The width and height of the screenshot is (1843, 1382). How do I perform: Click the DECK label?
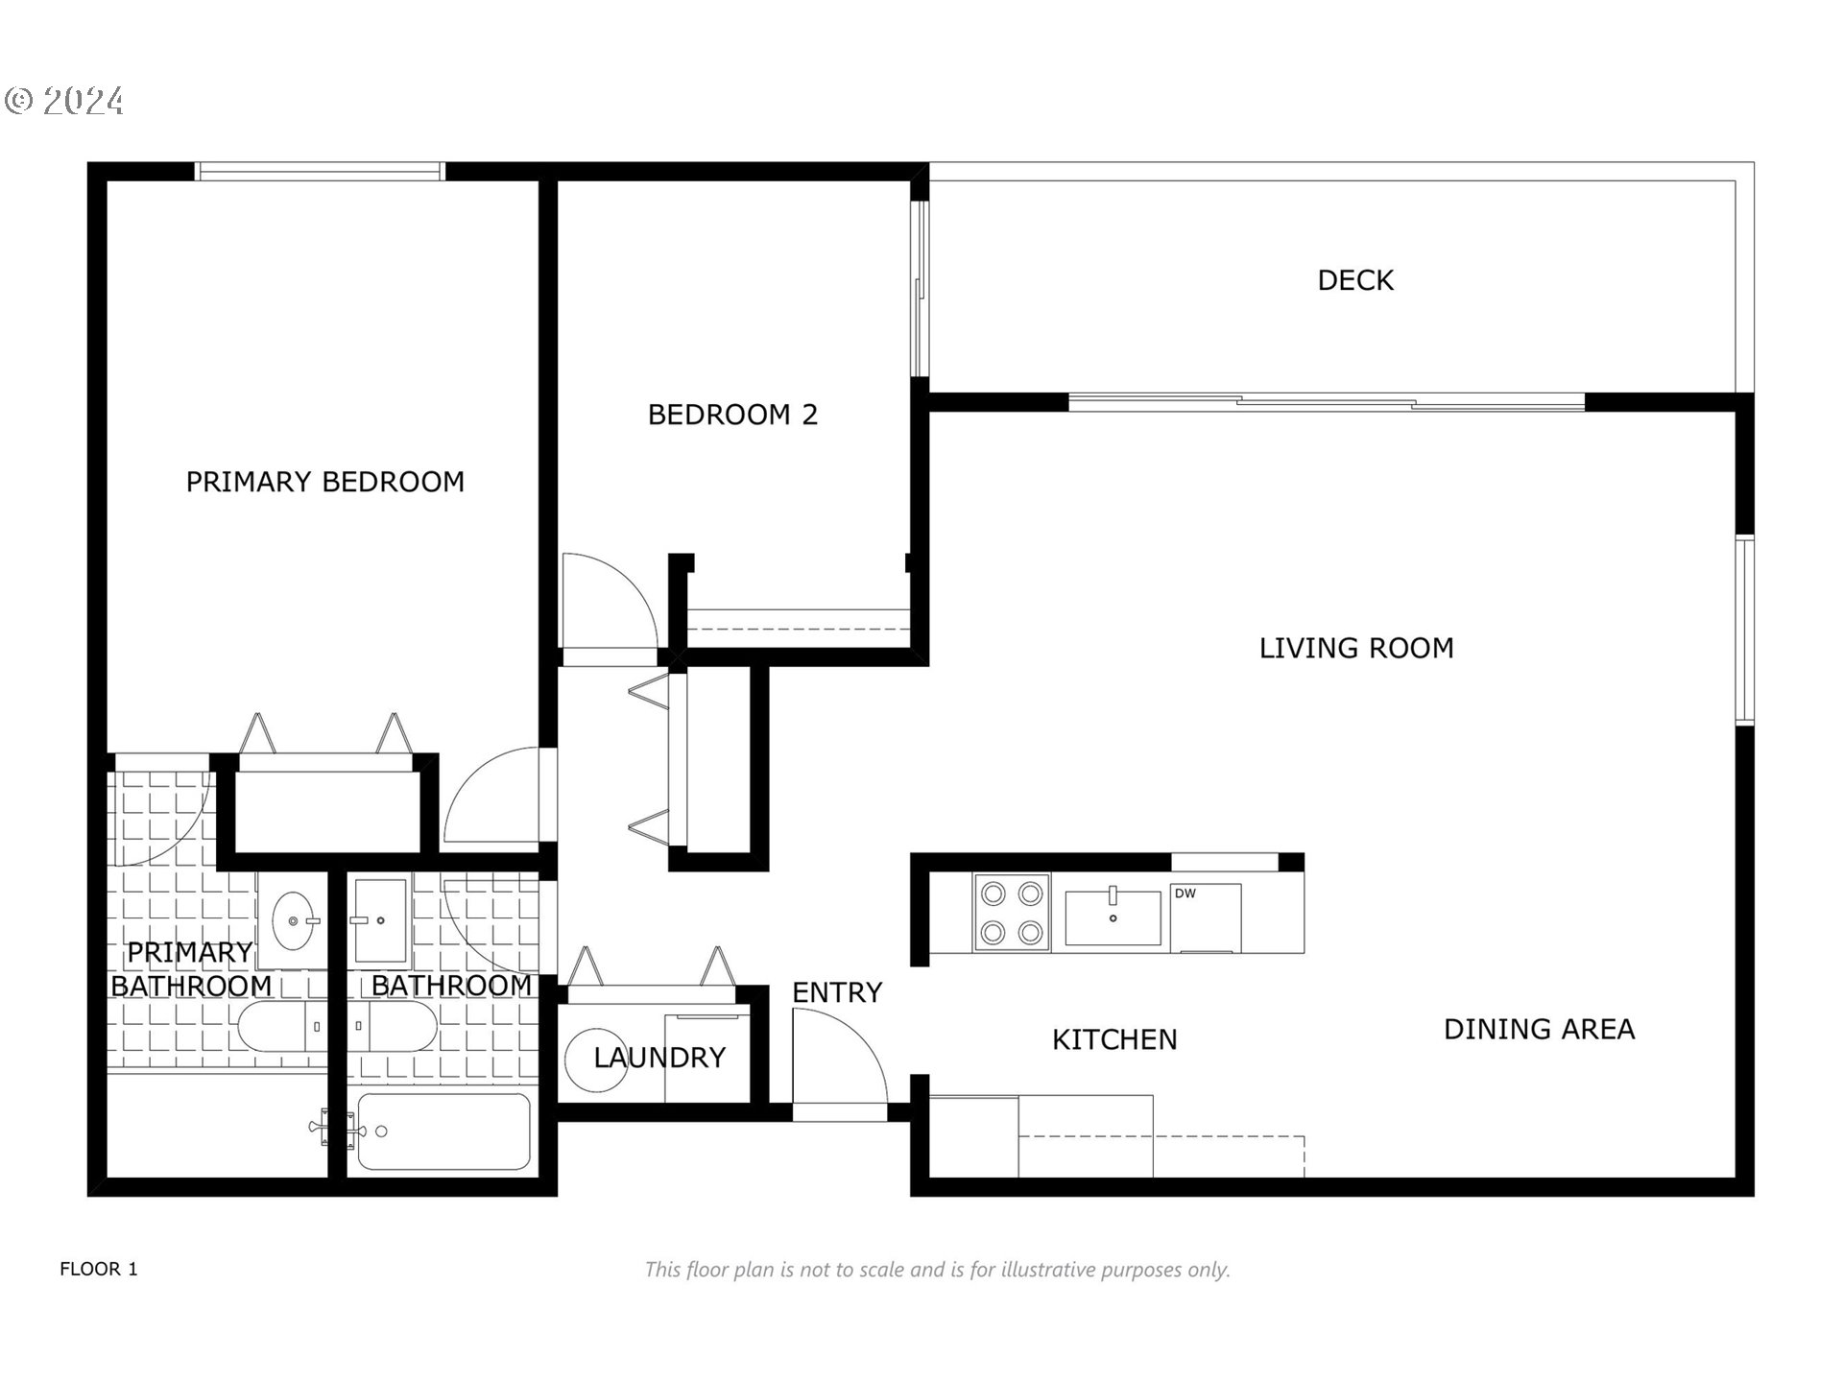pos(1355,280)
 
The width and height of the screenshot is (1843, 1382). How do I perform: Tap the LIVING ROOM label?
pos(1356,649)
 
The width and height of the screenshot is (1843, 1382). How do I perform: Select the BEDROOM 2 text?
pos(732,415)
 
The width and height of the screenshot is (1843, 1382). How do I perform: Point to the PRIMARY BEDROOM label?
pos(325,482)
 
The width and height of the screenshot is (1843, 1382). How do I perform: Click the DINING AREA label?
pos(1540,1030)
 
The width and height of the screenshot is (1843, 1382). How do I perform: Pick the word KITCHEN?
pos(1114,1039)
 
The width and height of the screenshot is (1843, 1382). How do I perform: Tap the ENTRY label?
pos(837,992)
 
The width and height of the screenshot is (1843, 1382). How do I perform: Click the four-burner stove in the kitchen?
pos(1012,913)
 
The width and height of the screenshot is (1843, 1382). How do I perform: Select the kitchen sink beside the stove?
pos(1113,917)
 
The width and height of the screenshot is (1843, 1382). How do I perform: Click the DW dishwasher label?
pos(1185,894)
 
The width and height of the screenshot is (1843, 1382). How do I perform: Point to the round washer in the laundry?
pos(596,1060)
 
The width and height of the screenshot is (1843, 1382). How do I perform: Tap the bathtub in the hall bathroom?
pos(443,1132)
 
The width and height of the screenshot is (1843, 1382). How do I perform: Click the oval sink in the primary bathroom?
pos(294,920)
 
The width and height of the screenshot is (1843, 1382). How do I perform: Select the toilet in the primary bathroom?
pos(283,1027)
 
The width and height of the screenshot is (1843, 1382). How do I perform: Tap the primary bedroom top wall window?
pos(320,172)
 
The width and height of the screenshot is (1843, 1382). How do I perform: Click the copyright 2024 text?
pos(64,101)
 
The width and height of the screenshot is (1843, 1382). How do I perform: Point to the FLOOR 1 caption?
pos(99,1269)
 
